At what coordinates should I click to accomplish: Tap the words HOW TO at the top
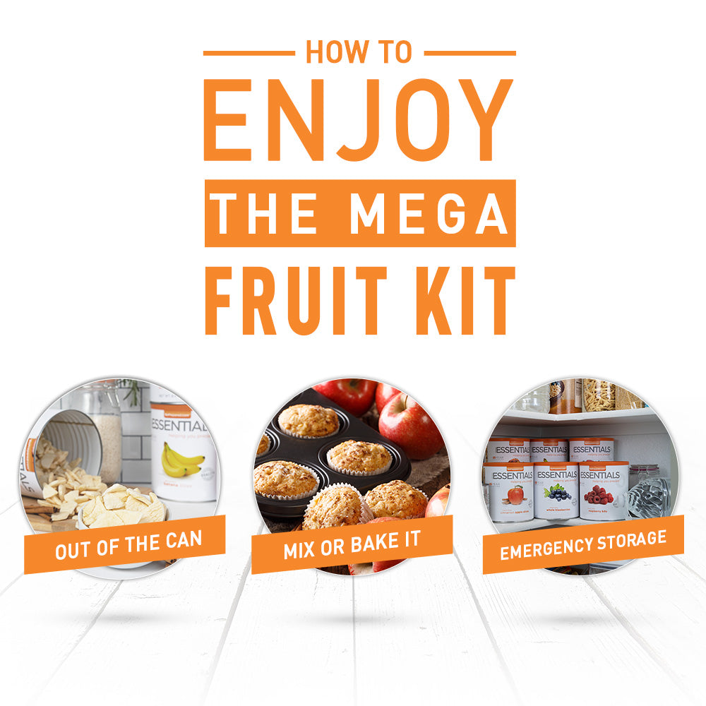click(x=359, y=53)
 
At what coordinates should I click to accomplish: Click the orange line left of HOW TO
click(x=249, y=53)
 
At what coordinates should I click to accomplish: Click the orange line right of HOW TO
click(x=469, y=53)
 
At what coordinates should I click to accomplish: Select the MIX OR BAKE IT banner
click(x=352, y=544)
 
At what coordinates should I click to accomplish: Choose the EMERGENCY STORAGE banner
click(x=582, y=544)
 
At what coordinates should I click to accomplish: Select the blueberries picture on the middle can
click(x=556, y=492)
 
